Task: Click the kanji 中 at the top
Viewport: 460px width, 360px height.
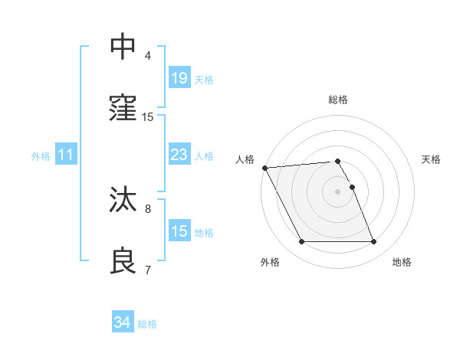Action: (123, 47)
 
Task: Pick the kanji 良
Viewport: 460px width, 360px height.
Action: (123, 260)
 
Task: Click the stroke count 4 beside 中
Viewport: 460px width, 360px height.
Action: (148, 55)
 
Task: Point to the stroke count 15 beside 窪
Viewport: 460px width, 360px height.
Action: (148, 116)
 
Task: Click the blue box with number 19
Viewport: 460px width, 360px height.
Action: (179, 77)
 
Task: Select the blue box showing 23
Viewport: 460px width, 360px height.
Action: (179, 155)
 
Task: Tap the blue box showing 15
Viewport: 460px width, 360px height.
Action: (179, 231)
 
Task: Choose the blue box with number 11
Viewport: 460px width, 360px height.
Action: (66, 155)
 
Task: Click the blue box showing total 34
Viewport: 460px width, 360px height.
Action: (122, 322)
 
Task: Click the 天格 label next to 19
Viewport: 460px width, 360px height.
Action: (203, 80)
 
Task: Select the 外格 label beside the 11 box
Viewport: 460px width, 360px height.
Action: (41, 156)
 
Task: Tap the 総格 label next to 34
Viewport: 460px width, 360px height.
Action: (147, 324)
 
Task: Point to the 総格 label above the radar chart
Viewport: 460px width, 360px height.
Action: (338, 100)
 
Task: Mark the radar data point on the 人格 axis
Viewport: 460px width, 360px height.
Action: (265, 168)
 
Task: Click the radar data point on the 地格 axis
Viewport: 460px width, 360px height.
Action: (374, 242)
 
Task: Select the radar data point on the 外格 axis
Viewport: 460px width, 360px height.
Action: (301, 242)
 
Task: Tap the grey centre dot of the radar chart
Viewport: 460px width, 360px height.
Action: (337, 191)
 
